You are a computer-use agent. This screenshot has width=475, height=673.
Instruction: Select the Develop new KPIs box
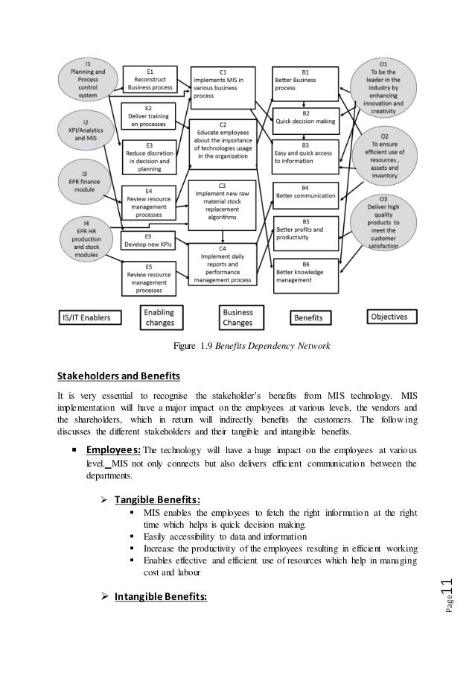(150, 240)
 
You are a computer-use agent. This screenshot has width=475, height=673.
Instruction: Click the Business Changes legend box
(238, 317)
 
